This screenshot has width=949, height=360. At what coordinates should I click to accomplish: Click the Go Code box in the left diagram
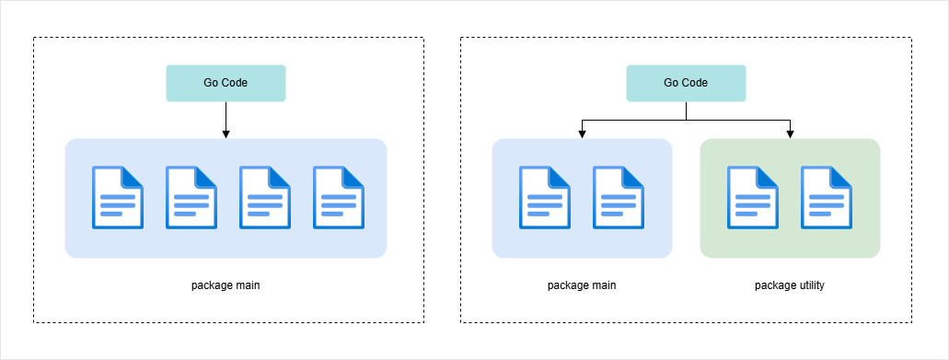click(x=226, y=83)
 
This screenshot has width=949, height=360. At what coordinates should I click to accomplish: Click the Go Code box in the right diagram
click(x=686, y=83)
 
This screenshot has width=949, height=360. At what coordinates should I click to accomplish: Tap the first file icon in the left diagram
click(x=118, y=197)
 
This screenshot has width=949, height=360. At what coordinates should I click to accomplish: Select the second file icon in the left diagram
click(x=191, y=197)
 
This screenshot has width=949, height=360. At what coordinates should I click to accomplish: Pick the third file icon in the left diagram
click(x=265, y=197)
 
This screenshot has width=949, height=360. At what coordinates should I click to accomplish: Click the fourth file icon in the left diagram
click(x=339, y=197)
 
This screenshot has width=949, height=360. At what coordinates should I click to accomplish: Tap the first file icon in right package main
click(x=545, y=197)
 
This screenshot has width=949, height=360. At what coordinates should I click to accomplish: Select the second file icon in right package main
click(x=619, y=197)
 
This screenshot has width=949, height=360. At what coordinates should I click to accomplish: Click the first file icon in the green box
click(x=753, y=197)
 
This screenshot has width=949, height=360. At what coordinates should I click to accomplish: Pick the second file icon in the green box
click(x=827, y=197)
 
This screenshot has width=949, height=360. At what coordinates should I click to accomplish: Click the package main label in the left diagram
click(x=226, y=285)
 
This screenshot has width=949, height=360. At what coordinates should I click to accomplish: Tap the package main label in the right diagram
click(x=582, y=285)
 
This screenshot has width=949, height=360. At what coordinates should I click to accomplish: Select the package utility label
click(x=790, y=285)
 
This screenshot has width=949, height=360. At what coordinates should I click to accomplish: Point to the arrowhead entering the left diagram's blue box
click(x=226, y=134)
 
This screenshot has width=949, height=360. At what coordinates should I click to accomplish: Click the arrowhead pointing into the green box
click(x=791, y=134)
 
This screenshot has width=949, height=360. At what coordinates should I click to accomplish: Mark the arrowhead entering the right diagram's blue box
click(x=582, y=134)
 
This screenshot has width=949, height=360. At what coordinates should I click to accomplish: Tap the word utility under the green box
click(x=810, y=285)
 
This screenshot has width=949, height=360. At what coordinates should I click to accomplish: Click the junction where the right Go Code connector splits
click(x=686, y=120)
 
